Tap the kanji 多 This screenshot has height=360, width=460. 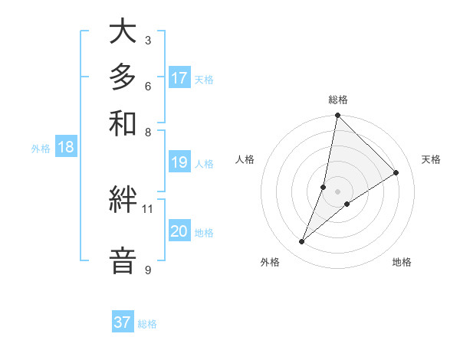(123, 77)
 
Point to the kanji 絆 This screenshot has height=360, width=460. (123, 200)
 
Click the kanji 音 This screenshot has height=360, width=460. (123, 260)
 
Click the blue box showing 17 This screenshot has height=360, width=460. (179, 78)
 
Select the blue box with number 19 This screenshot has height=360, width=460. (179, 162)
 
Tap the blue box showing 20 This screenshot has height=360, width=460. (179, 232)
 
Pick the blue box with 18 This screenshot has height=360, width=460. (66, 148)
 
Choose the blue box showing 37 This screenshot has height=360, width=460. (123, 322)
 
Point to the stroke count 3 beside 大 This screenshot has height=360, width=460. (147, 40)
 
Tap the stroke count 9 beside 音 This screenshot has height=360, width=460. (147, 270)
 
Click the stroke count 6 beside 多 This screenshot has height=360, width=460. (147, 86)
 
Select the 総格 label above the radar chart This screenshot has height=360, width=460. (337, 100)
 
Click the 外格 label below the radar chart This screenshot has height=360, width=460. (270, 262)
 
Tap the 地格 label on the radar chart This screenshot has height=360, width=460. (402, 262)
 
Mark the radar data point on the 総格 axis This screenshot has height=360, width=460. (337, 116)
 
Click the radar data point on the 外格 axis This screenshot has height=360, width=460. (302, 242)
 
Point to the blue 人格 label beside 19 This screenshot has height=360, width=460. (204, 163)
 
